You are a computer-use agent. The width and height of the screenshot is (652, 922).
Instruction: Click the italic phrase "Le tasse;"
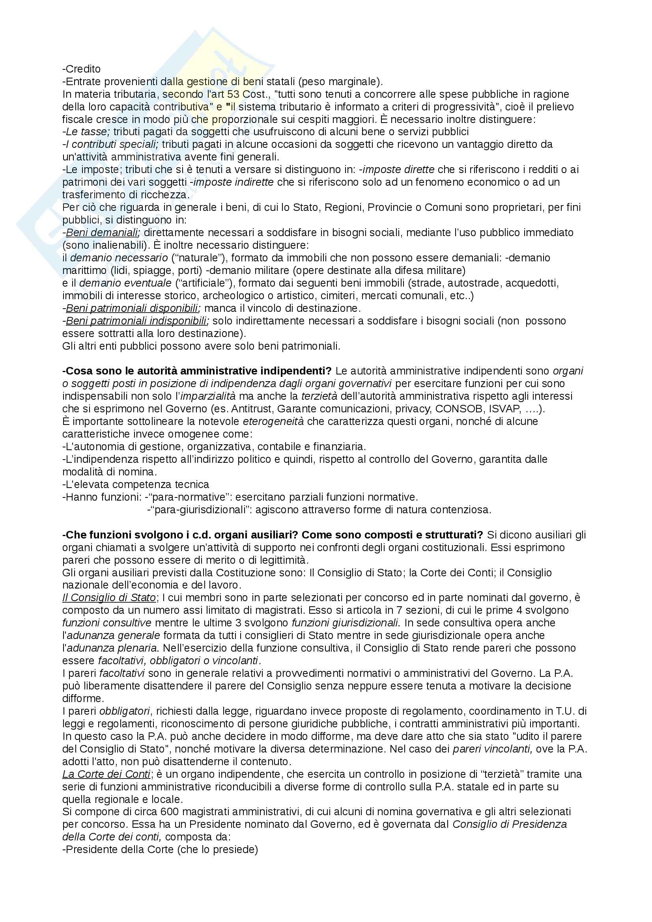pyautogui.click(x=86, y=132)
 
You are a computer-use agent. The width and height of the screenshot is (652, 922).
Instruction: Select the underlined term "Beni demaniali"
pyautogui.click(x=103, y=233)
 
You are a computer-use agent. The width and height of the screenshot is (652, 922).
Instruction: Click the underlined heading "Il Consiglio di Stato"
pyautogui.click(x=109, y=598)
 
